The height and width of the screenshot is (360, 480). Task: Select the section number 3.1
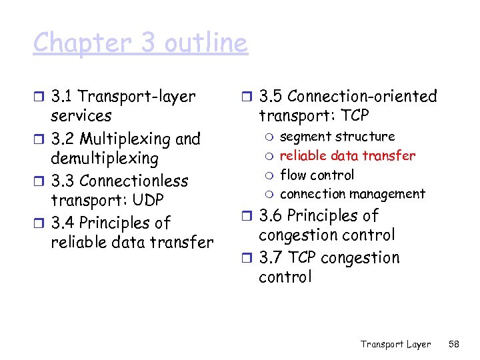point(63,97)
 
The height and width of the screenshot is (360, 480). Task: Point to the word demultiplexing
point(104,159)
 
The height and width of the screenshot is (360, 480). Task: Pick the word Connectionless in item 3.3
point(134,181)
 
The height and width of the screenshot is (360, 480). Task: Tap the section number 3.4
point(63,223)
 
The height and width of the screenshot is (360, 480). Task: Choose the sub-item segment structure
point(337,137)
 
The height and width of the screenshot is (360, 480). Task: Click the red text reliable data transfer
point(347,156)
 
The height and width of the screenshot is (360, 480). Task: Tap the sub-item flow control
point(317,175)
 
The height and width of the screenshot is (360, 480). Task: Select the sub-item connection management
point(352,194)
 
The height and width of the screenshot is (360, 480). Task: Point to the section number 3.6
point(271,216)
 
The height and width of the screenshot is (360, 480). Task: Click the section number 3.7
point(271,258)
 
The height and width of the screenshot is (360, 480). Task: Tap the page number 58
point(454,344)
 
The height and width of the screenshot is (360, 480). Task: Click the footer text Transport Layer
point(395,344)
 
